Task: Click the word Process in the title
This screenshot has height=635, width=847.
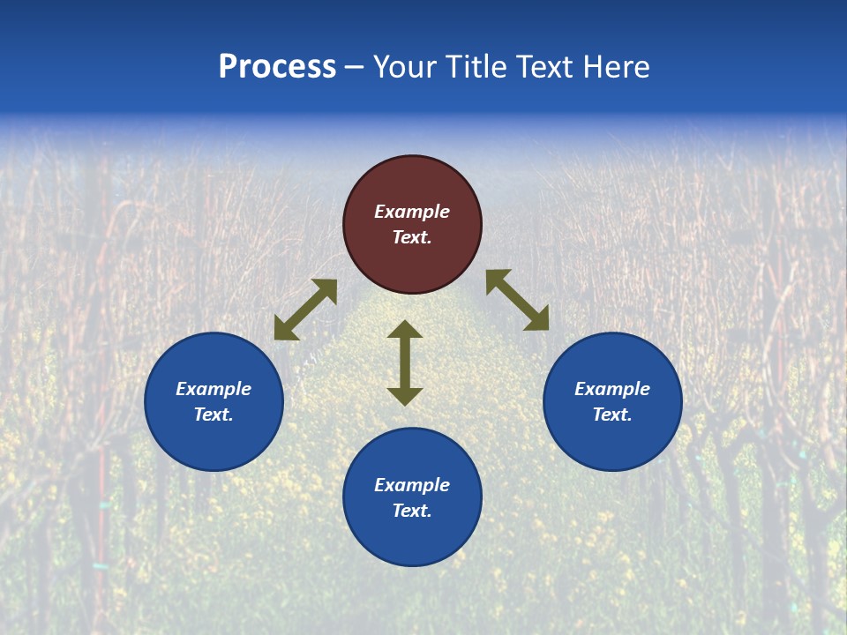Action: pos(277,67)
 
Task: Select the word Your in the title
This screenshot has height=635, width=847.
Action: pos(401,67)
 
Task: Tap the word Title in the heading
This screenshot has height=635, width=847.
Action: pos(476,67)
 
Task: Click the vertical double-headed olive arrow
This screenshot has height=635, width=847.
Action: pos(405,362)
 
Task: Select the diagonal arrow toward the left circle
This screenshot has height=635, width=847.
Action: pos(305,310)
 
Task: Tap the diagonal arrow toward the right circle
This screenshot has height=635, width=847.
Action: pos(517,300)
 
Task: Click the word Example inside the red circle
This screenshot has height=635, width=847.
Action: pos(412,212)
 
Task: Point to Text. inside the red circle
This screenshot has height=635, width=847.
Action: pos(412,237)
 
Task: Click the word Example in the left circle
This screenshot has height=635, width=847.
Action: pos(214,389)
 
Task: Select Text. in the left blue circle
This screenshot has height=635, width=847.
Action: pos(214,415)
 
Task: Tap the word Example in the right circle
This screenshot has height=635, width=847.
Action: pos(612,389)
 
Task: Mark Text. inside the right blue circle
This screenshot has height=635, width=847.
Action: pos(612,415)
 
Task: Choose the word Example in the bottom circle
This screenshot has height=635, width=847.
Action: pos(412,485)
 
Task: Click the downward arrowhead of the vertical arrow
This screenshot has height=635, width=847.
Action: pos(405,396)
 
